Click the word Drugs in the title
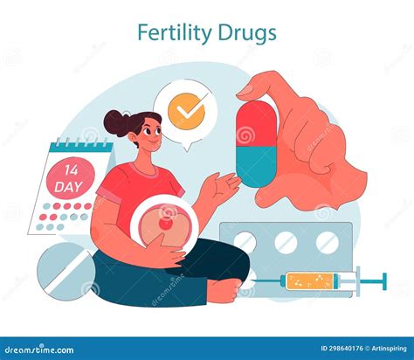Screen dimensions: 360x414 pos(248,33)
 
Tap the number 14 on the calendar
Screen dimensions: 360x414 pos(68,168)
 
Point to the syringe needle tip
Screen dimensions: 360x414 pos(384,281)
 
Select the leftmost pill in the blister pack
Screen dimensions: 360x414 pos(246,242)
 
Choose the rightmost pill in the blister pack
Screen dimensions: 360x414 pos(327,242)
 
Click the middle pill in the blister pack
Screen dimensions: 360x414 pos(286,242)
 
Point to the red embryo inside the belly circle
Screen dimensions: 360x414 pos(165,224)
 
